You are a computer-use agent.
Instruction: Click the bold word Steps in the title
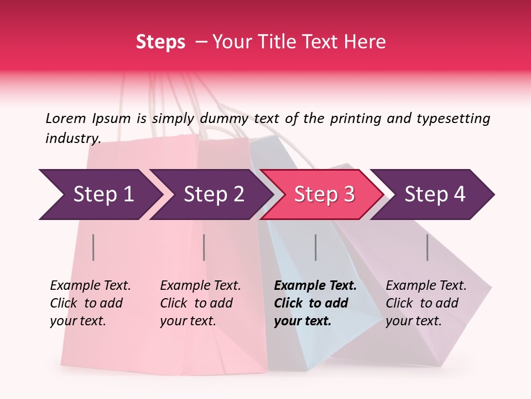pos(160,42)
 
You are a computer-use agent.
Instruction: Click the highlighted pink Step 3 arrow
pos(324,195)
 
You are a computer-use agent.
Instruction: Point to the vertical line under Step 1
pos(93,247)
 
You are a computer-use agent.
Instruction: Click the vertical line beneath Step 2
pos(204,247)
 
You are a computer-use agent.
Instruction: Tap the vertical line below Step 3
pos(316,247)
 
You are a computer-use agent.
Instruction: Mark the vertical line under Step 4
pos(428,247)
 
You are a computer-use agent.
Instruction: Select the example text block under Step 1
pos(90,303)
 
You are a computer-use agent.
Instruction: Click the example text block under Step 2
pos(200,303)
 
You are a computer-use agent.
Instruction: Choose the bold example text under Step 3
pos(315,303)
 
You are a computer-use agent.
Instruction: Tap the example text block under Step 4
pos(426,303)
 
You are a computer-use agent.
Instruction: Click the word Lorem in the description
pos(65,119)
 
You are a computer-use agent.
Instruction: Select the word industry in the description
pos(72,139)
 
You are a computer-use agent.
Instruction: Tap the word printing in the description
pos(355,119)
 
